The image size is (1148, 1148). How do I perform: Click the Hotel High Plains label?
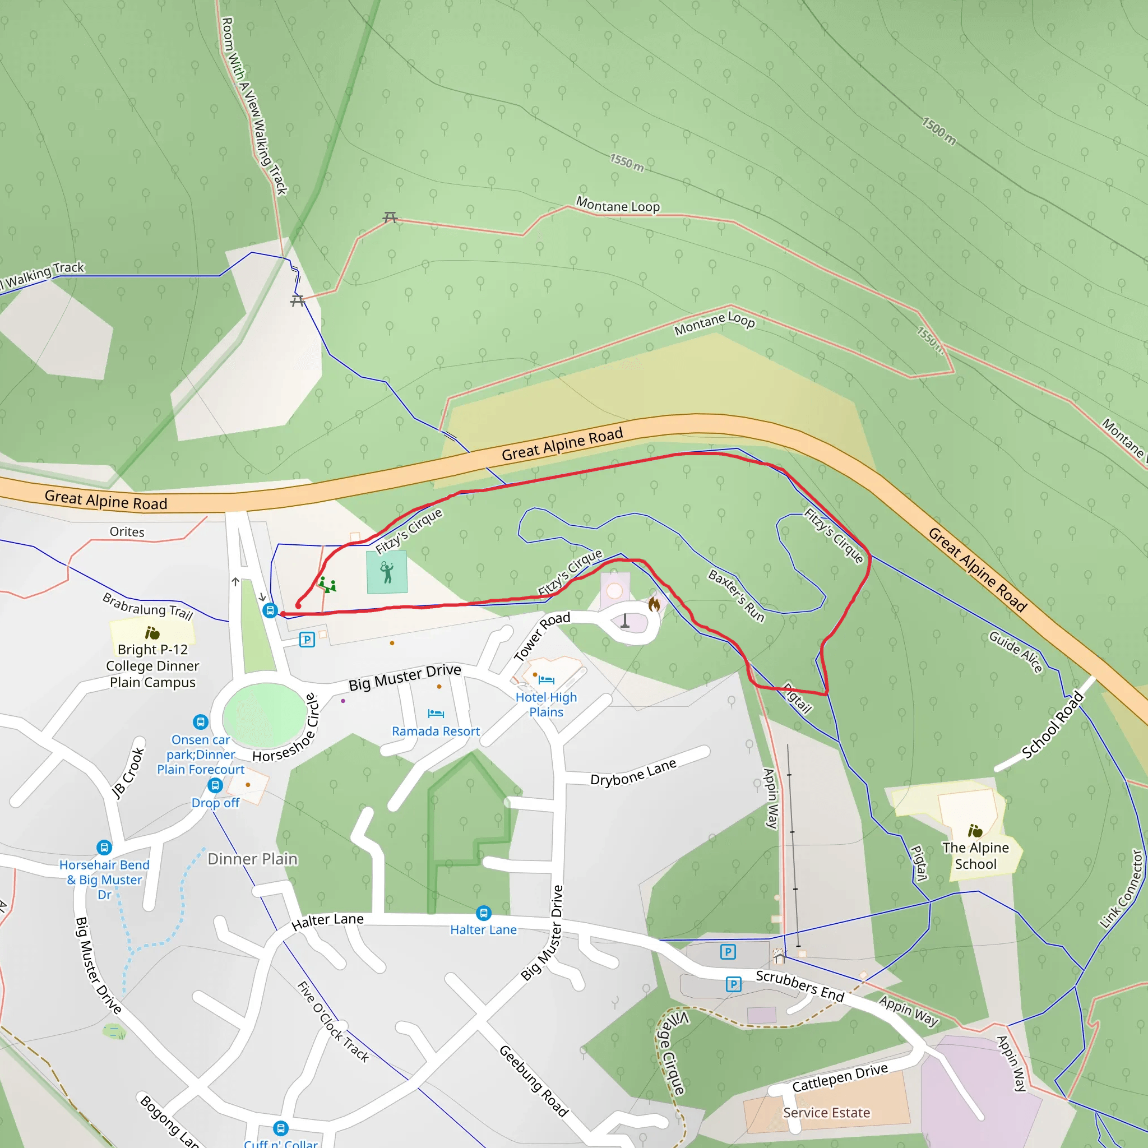pos(546,705)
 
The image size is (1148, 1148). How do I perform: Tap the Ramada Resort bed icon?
pos(436,713)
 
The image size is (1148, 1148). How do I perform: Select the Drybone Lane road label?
pos(633,772)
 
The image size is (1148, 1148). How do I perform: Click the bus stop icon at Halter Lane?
pos(484,913)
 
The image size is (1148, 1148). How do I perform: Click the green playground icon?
pos(327,585)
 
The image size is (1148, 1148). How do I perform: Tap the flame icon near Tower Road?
pos(654,604)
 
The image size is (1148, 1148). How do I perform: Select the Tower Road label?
pos(541,636)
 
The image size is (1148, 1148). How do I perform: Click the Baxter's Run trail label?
pos(736,595)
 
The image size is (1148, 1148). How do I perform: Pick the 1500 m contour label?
pos(939,131)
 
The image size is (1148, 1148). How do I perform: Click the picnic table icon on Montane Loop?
pos(390,217)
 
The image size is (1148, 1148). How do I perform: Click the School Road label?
pos(1052,725)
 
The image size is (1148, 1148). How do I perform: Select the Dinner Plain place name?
pos(253,859)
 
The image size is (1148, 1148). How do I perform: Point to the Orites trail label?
pos(127,532)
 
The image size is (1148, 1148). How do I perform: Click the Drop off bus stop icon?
pos(215,785)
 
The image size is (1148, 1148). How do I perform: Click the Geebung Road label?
pos(534,1081)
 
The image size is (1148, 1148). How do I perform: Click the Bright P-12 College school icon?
pos(152,633)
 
